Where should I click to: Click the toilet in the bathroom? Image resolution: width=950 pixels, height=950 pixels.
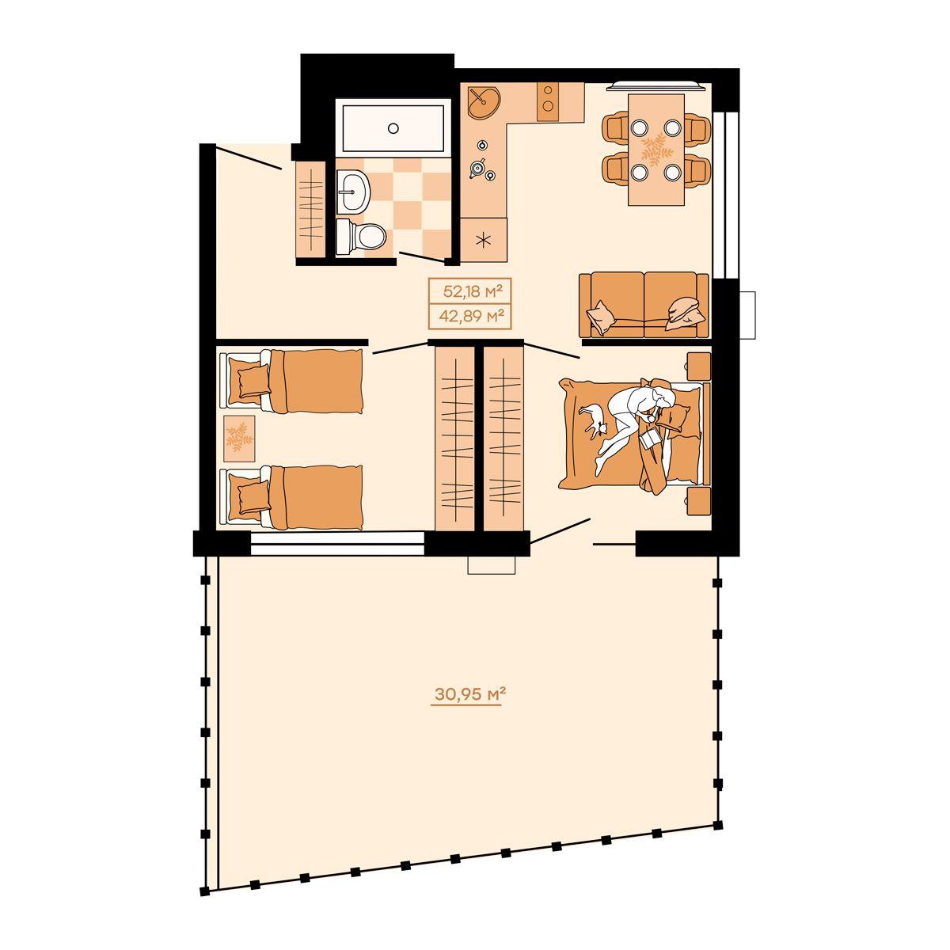[x=360, y=237]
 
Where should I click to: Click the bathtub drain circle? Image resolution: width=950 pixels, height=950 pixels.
[x=393, y=128]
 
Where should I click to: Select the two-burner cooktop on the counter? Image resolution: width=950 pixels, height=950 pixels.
[x=548, y=101]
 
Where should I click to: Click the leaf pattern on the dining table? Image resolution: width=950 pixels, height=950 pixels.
[x=656, y=150]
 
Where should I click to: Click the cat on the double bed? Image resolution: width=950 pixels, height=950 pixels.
[x=594, y=420]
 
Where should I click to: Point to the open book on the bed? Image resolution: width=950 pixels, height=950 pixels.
[x=650, y=438]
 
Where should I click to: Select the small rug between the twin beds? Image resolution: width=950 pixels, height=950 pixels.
[x=239, y=439]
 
